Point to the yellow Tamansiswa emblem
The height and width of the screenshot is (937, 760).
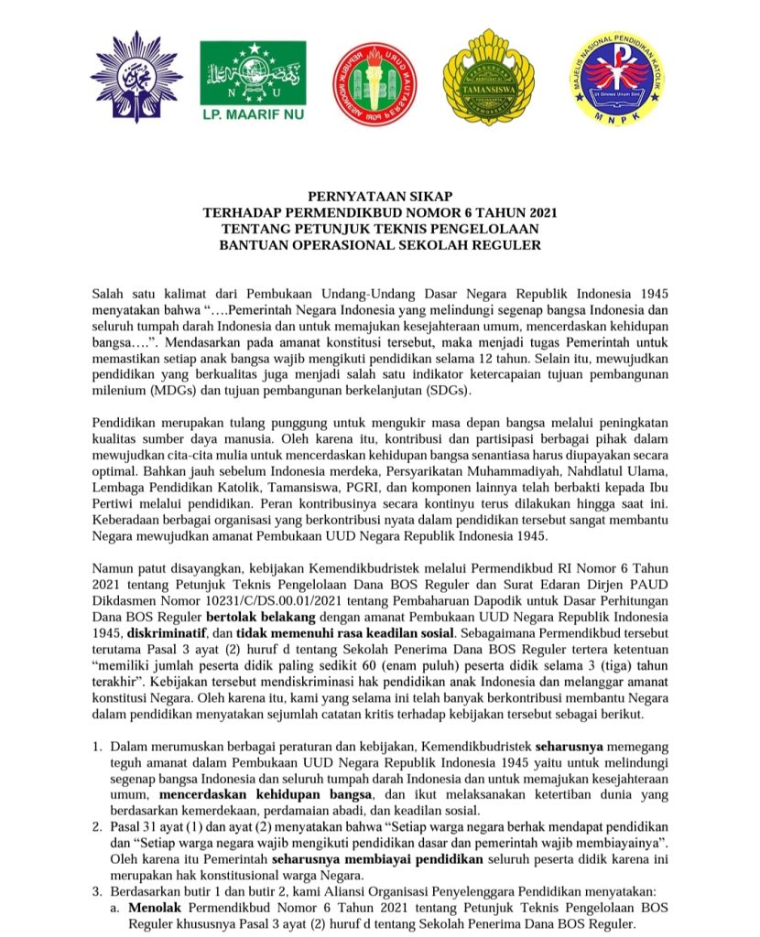488,78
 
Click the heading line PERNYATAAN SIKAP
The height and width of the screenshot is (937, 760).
380,195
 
